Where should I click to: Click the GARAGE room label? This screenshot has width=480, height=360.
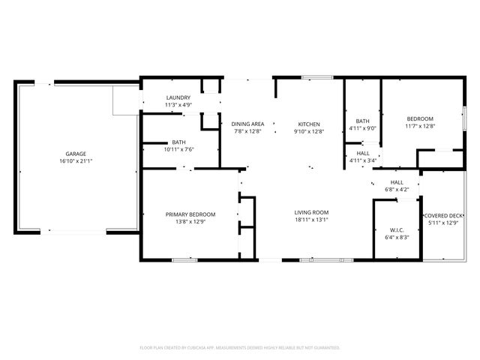tap(75, 154)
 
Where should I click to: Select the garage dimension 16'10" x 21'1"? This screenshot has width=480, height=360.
tap(75, 161)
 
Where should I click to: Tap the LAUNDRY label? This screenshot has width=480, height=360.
tap(178, 97)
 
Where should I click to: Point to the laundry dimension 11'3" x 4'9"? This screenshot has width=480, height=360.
tap(178, 105)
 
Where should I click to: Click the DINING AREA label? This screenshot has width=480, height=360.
tap(247, 124)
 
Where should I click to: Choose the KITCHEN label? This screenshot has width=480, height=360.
tap(309, 124)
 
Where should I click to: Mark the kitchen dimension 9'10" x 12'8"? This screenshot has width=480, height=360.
tap(309, 131)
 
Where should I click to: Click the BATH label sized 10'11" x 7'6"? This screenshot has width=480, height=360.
tap(178, 142)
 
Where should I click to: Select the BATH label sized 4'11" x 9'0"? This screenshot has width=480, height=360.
tap(362, 121)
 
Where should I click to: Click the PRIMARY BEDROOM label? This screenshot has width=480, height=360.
tap(190, 214)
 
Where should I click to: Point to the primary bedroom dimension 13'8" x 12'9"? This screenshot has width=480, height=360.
tap(190, 222)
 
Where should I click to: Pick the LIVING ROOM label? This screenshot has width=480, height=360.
tap(311, 213)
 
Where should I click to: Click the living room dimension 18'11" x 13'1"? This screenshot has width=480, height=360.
tap(311, 220)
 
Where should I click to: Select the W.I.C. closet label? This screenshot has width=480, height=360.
tap(397, 229)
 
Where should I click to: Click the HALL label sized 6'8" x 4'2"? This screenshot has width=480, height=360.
tap(397, 181)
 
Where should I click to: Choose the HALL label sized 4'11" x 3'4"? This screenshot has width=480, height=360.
tap(362, 153)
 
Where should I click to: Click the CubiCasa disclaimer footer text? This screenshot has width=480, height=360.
tap(240, 347)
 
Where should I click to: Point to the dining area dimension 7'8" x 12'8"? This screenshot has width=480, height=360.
tap(247, 131)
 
